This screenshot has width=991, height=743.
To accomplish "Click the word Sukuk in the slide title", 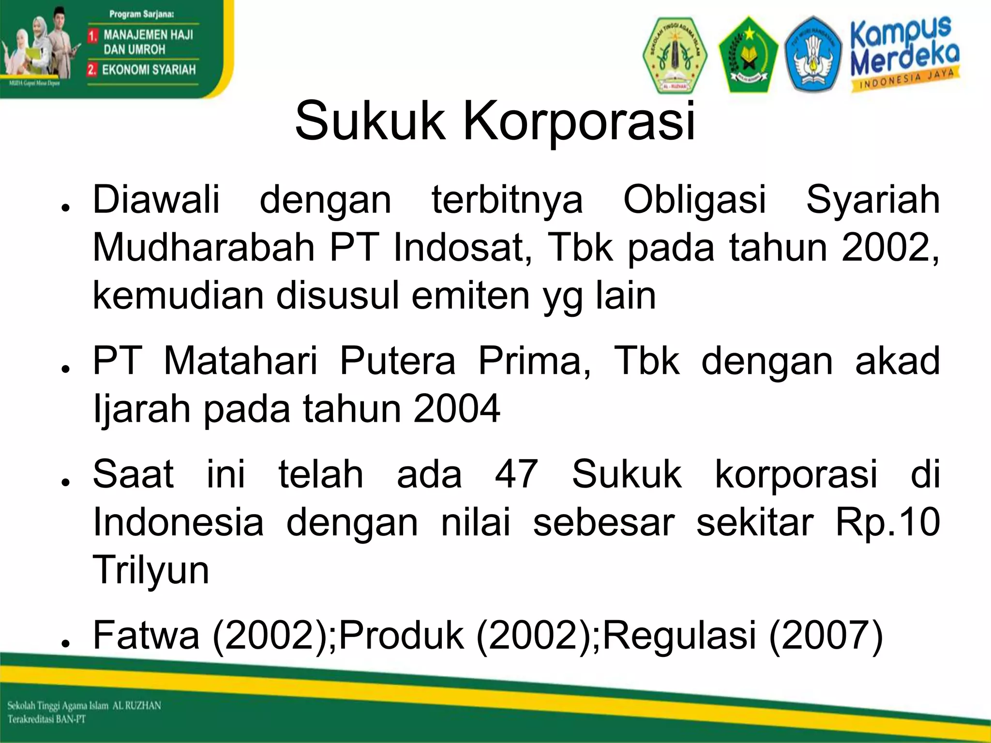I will [369, 121].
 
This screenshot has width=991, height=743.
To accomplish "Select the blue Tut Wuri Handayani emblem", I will [813, 54].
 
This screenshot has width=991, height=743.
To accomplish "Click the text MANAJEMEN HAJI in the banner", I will [148, 35].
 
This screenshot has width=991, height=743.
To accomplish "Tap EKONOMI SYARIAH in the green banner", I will [148, 70].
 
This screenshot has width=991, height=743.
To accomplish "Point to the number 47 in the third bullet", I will [516, 474].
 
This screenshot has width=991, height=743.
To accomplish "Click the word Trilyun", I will [151, 570].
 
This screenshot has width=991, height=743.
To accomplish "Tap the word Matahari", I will [240, 361].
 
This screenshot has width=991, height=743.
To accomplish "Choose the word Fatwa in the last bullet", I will [146, 635].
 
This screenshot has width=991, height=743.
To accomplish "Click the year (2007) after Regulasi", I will [826, 635].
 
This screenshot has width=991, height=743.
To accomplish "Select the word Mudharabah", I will [204, 248].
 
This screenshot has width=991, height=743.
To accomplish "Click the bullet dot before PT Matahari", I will [65, 369].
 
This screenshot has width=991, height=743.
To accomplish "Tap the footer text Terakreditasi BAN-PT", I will [46, 719].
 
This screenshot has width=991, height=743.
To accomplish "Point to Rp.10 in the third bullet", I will [887, 522].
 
